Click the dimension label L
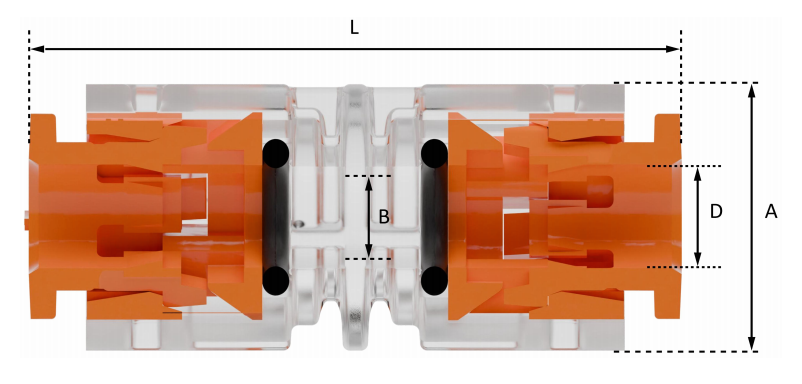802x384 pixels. (354, 28)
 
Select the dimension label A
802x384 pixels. (771, 212)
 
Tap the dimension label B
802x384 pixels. (383, 216)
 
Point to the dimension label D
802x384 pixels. (715, 212)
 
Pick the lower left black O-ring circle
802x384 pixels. (276, 280)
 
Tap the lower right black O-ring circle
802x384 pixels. (434, 280)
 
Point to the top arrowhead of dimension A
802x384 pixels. (751, 91)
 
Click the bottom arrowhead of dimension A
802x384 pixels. (751, 343)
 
